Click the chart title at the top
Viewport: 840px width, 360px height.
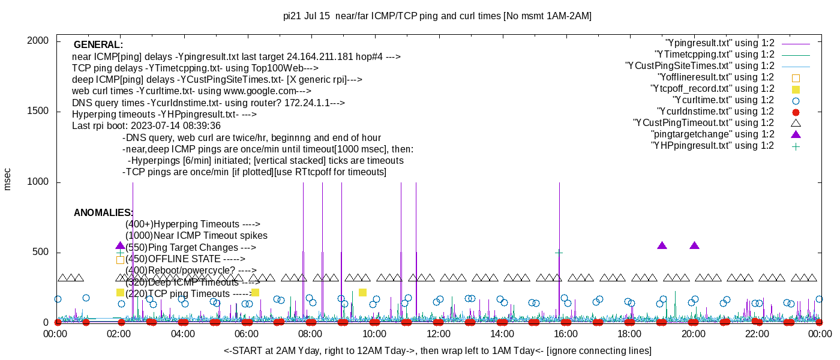click(437, 16)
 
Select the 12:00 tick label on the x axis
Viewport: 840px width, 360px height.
click(439, 334)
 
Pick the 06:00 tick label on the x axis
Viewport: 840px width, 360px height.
click(247, 334)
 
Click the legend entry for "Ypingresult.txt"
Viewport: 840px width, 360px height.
click(719, 43)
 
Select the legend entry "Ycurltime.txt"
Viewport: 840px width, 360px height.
click(723, 100)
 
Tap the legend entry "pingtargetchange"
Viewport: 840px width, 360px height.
click(713, 134)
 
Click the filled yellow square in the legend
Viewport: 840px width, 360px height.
click(796, 89)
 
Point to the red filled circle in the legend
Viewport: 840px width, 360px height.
click(796, 112)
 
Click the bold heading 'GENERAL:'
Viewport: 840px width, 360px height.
click(98, 45)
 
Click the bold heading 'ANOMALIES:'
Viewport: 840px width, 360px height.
click(103, 213)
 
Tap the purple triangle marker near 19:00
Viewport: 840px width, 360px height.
click(662, 246)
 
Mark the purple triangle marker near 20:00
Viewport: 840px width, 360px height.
click(694, 246)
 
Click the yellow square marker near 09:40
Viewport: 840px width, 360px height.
click(362, 292)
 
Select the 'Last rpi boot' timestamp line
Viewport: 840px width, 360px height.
click(146, 126)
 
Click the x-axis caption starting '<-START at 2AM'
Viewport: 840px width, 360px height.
click(437, 350)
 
